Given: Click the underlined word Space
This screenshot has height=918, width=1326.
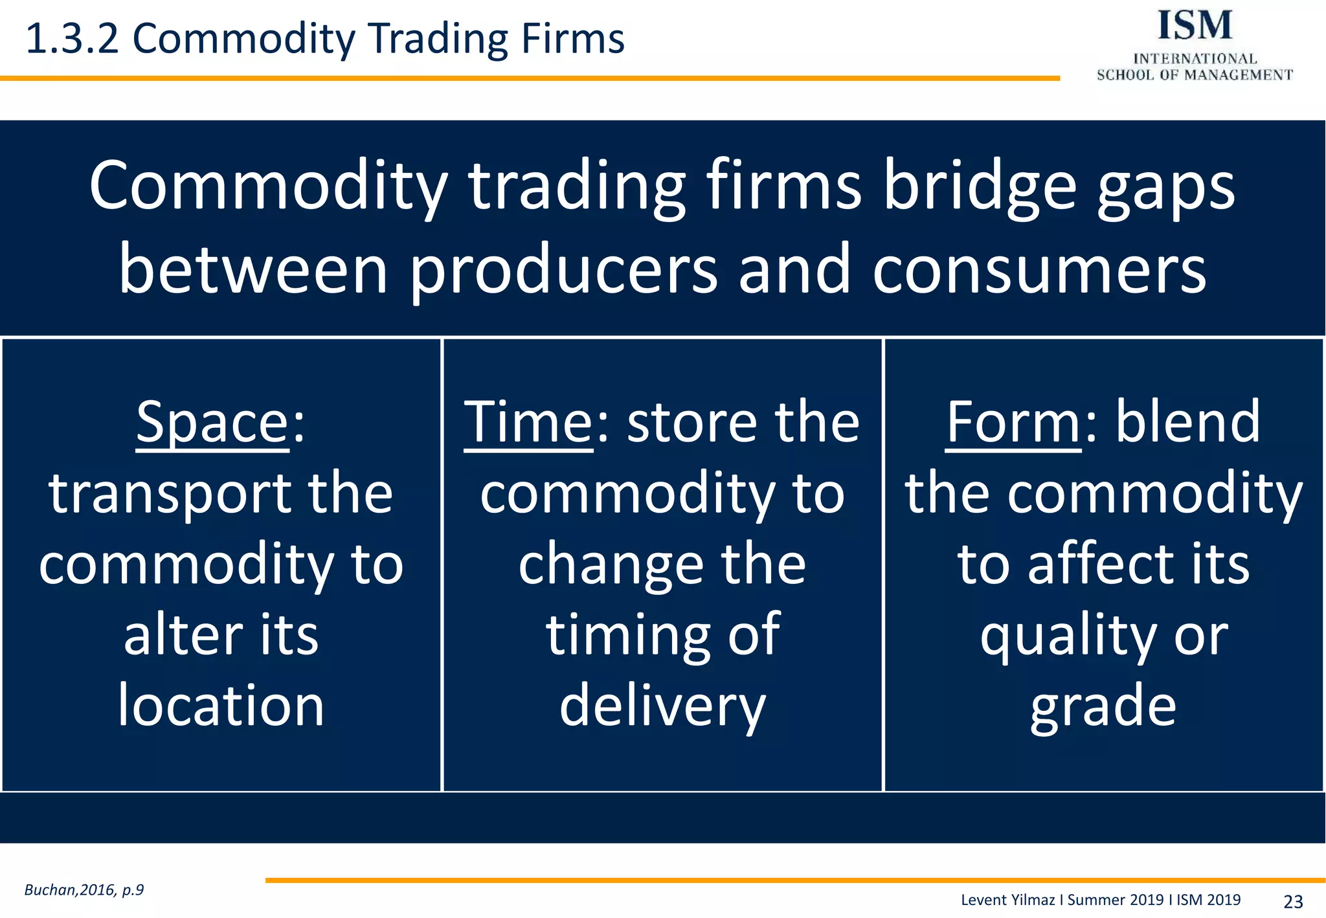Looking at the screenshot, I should coord(212,423).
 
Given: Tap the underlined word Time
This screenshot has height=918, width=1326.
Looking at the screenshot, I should coord(528,423).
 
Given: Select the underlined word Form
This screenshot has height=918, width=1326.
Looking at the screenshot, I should coord(1013,423).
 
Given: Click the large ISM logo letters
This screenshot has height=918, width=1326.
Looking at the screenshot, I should coord(1195,26).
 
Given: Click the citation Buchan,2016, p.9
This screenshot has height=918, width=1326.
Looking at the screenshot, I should coord(84,890).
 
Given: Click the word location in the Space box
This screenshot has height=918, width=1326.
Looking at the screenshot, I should coord(221,706).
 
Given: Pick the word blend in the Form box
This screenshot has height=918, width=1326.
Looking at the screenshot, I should coord(1187,423).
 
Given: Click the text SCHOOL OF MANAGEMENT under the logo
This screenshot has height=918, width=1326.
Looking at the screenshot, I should coord(1195,75).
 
